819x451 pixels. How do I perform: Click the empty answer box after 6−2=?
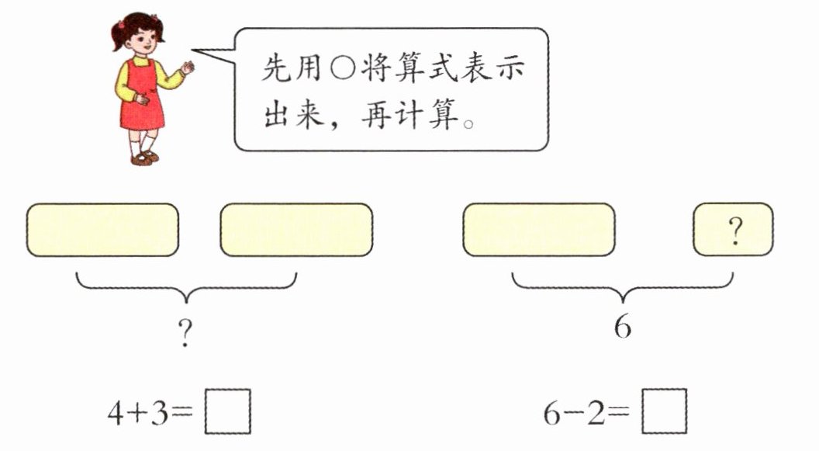tap(665, 411)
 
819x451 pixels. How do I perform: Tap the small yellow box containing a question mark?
tap(732, 230)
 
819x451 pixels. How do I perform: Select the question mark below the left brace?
tap(185, 335)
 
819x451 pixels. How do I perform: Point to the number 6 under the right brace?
tap(622, 326)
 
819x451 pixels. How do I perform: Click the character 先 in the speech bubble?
tap(276, 71)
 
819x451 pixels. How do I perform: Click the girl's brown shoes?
tap(143, 158)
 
